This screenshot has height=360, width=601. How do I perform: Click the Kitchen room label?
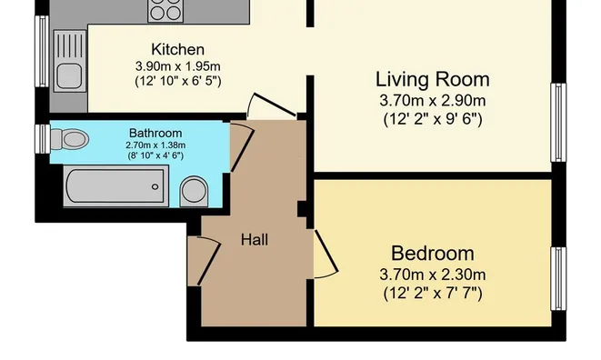click(x=178, y=49)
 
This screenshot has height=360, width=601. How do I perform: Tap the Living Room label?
click(x=433, y=80)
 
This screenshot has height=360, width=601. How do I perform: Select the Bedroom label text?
click(x=433, y=254)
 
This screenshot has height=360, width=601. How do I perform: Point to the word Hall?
click(x=254, y=240)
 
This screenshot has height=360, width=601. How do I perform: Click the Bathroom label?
click(x=155, y=133)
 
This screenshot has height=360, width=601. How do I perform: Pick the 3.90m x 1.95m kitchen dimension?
click(x=178, y=66)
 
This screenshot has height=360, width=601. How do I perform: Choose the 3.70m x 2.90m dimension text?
click(x=433, y=101)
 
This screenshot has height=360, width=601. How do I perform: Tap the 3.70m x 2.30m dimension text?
click(x=433, y=275)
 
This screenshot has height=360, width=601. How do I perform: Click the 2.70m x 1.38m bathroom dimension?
click(x=155, y=145)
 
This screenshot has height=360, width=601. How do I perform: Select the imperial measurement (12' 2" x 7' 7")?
click(x=433, y=294)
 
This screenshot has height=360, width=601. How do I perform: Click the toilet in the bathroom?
click(x=70, y=139)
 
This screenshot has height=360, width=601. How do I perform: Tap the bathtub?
click(x=115, y=186)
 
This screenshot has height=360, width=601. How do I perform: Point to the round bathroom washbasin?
click(x=194, y=191)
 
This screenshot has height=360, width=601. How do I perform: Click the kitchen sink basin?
click(x=69, y=76)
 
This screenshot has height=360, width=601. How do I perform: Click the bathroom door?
click(x=242, y=146)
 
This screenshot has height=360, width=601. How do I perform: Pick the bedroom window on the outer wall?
click(x=558, y=279)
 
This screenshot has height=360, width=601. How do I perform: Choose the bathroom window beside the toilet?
click(x=43, y=139)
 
